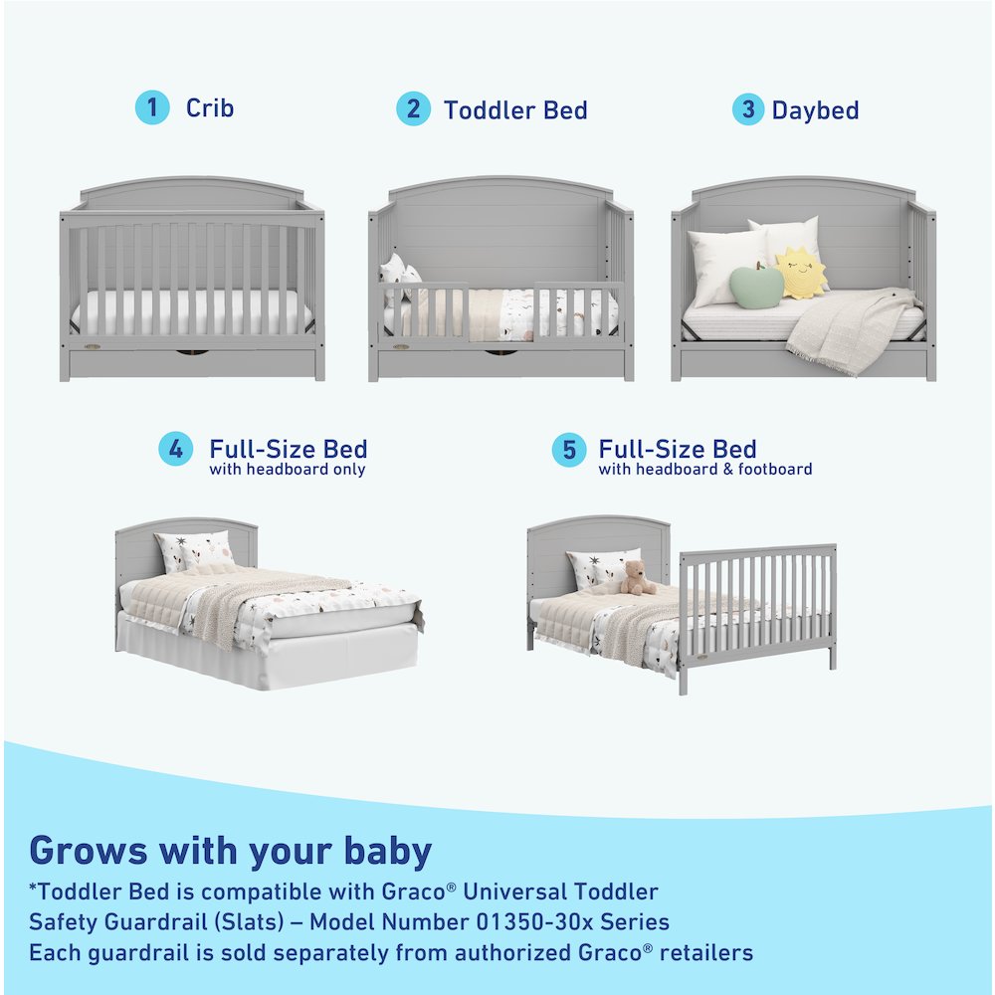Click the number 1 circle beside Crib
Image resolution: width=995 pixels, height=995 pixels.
click(x=152, y=107)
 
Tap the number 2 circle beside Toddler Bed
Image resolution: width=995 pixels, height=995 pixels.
click(x=413, y=108)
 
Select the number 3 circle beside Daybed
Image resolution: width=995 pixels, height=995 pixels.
click(x=748, y=108)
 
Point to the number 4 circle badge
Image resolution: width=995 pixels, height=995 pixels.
click(x=176, y=450)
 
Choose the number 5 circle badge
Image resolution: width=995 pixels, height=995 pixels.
click(x=569, y=450)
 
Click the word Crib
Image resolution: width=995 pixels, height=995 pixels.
click(x=210, y=107)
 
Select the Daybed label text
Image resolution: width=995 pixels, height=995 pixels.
click(x=815, y=109)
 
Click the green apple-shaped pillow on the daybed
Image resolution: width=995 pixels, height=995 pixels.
click(x=757, y=286)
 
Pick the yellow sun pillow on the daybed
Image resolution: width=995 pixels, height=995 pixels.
click(x=801, y=274)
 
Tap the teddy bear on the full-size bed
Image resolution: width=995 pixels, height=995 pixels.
click(x=635, y=578)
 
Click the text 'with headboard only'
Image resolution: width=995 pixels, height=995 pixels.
click(x=288, y=470)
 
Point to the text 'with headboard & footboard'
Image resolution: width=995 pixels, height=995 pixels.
click(x=705, y=470)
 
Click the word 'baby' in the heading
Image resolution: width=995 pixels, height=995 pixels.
click(x=383, y=851)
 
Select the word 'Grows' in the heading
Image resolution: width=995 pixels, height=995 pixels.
click(x=88, y=851)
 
